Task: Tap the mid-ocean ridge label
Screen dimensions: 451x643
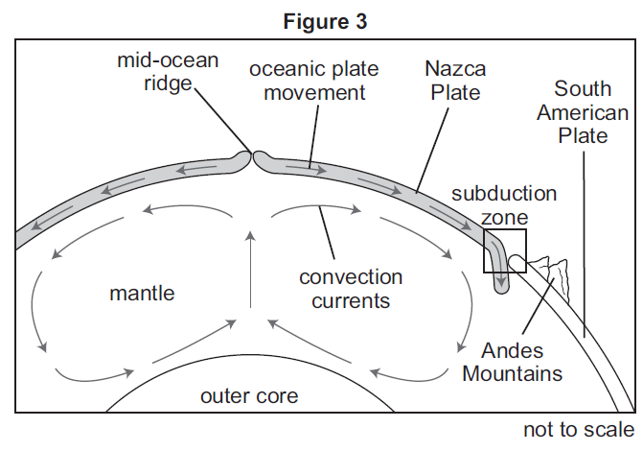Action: tap(168, 72)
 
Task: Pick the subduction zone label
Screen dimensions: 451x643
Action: tap(504, 204)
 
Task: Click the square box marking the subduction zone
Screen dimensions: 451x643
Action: tap(505, 250)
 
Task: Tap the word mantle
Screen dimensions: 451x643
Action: tap(141, 293)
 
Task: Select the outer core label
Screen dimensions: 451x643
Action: tap(249, 395)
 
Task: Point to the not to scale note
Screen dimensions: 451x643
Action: tap(578, 428)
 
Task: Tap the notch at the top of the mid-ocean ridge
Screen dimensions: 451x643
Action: tap(252, 154)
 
